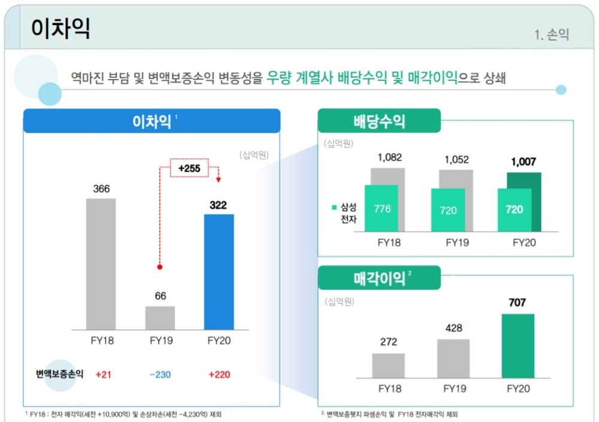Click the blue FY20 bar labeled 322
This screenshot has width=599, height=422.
219,271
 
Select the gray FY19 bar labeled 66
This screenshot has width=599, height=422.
160,317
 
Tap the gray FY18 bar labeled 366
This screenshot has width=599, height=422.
101,263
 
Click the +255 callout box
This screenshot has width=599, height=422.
189,169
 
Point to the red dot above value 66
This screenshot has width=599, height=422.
160,267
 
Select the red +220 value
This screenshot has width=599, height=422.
219,375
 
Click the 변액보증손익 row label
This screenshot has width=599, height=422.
59,375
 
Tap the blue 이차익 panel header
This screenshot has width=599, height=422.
152,121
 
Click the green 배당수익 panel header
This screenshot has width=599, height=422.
379,121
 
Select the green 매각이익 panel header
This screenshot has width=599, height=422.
379,278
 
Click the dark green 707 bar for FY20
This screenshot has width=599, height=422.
517,346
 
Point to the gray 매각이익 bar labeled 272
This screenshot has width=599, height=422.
388,365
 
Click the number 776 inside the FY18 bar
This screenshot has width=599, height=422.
382,209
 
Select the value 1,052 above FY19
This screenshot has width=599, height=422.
456,160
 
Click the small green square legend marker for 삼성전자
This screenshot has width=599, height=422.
334,208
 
